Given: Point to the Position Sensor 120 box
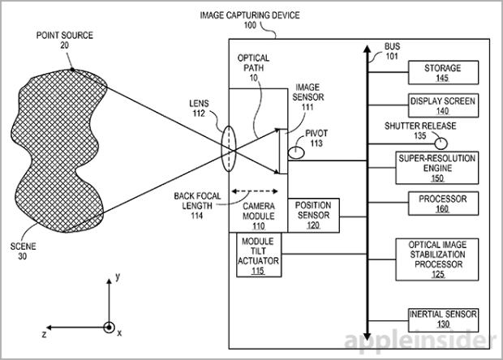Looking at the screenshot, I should point(313,214).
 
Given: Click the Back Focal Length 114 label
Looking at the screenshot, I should point(196,206).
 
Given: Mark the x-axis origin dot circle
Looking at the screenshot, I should point(109,328).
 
